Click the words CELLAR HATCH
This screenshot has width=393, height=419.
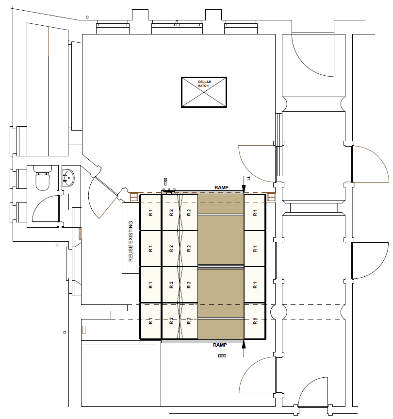pos(204,84)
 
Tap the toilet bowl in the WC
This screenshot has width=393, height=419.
pos(43,182)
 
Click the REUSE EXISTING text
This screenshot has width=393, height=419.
pos(131,241)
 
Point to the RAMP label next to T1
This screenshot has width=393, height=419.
pos(221,188)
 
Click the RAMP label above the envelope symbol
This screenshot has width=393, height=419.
pos(220,345)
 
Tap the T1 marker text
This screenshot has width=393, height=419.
pos(248,179)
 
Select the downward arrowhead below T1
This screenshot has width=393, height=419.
pos(244,188)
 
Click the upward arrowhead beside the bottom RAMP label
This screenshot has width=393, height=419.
pos(244,345)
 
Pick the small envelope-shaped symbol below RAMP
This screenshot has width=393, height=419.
pos(222,356)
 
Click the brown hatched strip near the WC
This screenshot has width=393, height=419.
pos(80,234)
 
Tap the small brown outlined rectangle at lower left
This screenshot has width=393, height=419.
pos(84,330)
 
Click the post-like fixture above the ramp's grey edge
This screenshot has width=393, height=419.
pos(165,182)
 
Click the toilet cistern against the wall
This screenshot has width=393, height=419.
pos(43,169)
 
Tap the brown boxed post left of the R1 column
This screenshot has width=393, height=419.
pos(134,198)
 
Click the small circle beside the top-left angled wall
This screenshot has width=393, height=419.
pos(87,17)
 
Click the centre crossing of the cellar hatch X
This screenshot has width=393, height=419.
pos(204,92)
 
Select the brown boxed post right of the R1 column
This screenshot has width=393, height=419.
pos(271,197)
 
